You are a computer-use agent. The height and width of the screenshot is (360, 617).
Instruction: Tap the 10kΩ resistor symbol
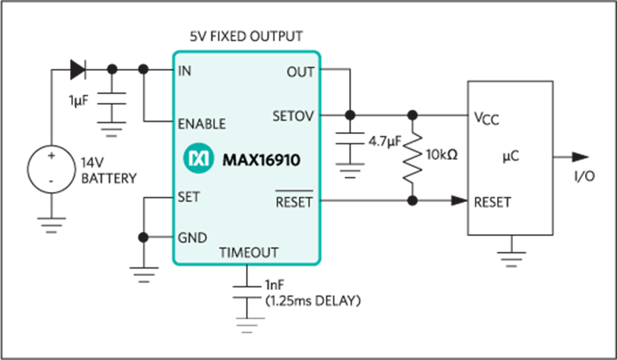(414, 158)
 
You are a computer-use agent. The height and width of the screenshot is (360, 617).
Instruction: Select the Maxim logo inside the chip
(197, 159)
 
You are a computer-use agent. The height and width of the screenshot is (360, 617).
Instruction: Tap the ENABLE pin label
(201, 123)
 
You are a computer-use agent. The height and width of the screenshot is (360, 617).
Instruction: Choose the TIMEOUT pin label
(248, 253)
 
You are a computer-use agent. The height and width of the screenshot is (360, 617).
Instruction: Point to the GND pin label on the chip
(192, 237)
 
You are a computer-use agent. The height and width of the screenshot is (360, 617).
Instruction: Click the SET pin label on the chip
(189, 197)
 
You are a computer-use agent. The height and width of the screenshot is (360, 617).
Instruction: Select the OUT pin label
(300, 72)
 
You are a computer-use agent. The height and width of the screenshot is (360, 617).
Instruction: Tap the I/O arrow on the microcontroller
(580, 158)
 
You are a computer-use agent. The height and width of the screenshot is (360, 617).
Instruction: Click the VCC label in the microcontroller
(486, 119)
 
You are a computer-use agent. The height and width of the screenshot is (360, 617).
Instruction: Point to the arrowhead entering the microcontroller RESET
(458, 201)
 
